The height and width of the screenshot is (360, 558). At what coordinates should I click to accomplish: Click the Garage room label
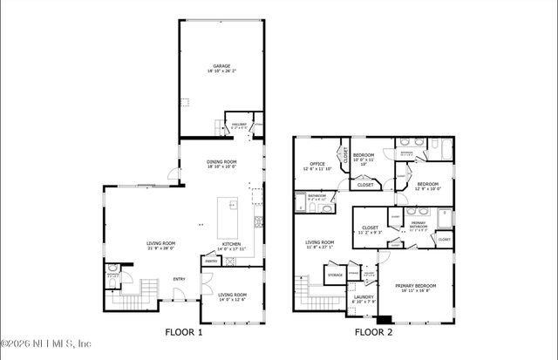[x=221, y=65]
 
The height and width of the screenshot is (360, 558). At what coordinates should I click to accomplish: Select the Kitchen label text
[x=231, y=244]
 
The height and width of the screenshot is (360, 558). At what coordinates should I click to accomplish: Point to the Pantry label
[x=210, y=260]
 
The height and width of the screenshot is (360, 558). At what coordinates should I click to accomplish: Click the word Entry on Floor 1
[x=179, y=279]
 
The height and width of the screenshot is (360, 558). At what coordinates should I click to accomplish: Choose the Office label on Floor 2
[x=317, y=164]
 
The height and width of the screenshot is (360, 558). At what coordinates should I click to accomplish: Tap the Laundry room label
[x=363, y=297]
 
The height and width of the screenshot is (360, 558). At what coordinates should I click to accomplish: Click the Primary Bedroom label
[x=414, y=286]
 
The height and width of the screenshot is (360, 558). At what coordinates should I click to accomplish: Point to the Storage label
[x=334, y=275]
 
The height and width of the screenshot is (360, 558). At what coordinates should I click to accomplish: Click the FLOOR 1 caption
[x=184, y=332]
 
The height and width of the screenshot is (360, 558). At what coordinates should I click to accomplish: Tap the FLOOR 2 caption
[x=372, y=332]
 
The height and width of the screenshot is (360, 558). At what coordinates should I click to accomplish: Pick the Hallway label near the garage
[x=239, y=125]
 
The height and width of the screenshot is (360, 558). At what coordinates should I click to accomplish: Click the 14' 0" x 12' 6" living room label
[x=231, y=300]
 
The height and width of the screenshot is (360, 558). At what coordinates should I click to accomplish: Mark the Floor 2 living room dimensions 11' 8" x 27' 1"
[x=319, y=248]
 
